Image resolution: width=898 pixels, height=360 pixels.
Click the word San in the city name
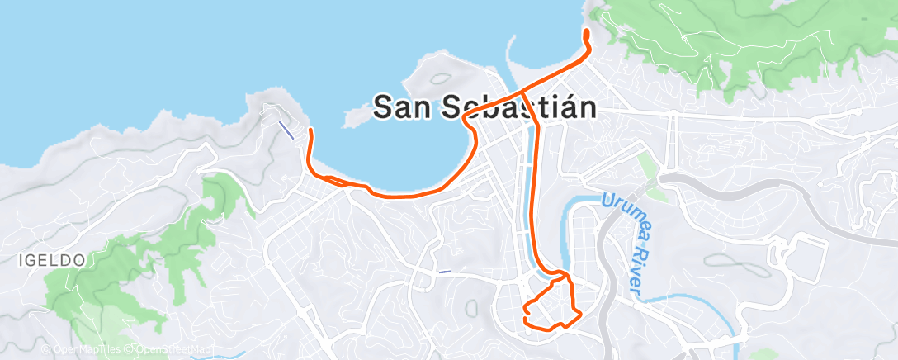(404, 107)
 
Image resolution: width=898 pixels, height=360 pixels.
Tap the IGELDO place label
(51, 260)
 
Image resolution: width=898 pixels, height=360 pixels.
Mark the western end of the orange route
(310, 130)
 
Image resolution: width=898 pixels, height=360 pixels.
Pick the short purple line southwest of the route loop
(445, 272)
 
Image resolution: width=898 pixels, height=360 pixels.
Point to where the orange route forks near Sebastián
(522, 89)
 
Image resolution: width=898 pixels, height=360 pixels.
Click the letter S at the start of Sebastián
(453, 107)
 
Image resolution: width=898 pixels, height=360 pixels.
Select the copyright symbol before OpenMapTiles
(46, 350)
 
